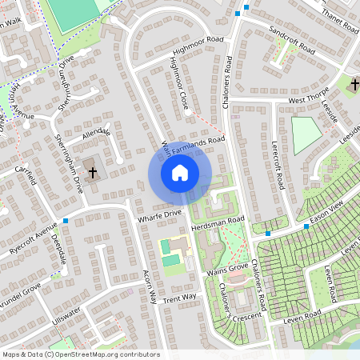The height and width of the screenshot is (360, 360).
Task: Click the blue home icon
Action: pyautogui.click(x=180, y=172)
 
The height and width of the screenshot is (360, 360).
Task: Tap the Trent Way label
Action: pyautogui.click(x=179, y=298)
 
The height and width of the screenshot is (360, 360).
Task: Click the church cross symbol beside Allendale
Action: pyautogui.click(x=93, y=171)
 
